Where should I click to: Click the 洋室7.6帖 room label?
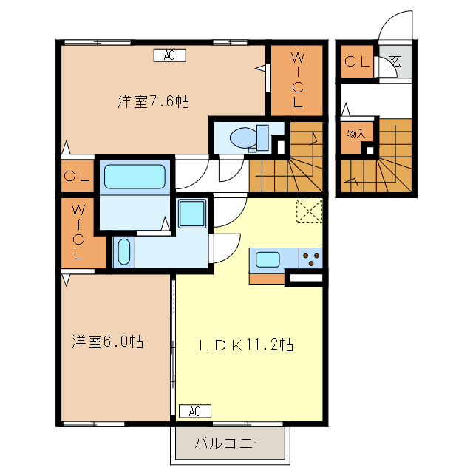[x=153, y=102]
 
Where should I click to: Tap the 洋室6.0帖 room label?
[x=107, y=341]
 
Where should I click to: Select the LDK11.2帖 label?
[x=247, y=344]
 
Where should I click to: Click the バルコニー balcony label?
[x=229, y=444]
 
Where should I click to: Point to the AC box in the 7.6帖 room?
[x=169, y=55]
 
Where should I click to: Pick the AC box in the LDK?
[x=194, y=411]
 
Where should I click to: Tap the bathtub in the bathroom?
[x=135, y=177]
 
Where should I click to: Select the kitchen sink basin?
[x=268, y=259]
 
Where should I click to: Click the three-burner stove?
[x=311, y=259]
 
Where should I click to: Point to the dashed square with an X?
[x=310, y=211]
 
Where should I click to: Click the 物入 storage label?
[x=356, y=134]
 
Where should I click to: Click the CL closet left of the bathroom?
[x=76, y=177]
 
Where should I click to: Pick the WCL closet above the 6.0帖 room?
[x=78, y=233]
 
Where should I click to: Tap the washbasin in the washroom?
[x=124, y=251]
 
